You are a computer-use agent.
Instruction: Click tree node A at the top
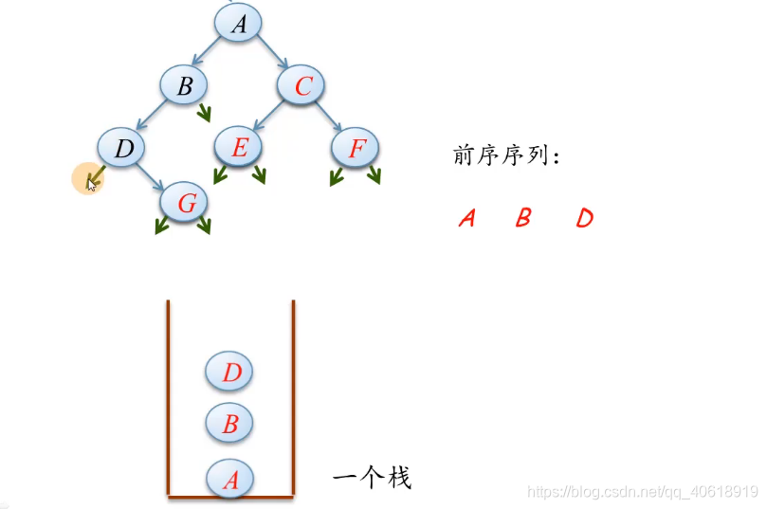238,23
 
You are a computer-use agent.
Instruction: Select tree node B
186,85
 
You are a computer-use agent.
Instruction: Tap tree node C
302,86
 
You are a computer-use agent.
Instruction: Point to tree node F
356,148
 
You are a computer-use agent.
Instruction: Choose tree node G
186,202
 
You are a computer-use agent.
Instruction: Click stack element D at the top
230,372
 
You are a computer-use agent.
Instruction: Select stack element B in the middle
229,423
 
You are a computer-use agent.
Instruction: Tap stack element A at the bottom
230,479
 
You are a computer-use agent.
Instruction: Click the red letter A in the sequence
466,218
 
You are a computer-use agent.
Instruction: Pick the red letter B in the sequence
522,218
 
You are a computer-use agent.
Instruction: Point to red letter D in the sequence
584,218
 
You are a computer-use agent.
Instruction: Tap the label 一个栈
372,477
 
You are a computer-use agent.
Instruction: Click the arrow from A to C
273,52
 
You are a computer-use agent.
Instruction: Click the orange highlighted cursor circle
88,177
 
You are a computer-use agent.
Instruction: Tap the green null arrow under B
204,114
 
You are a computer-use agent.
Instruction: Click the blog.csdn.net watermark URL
642,492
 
